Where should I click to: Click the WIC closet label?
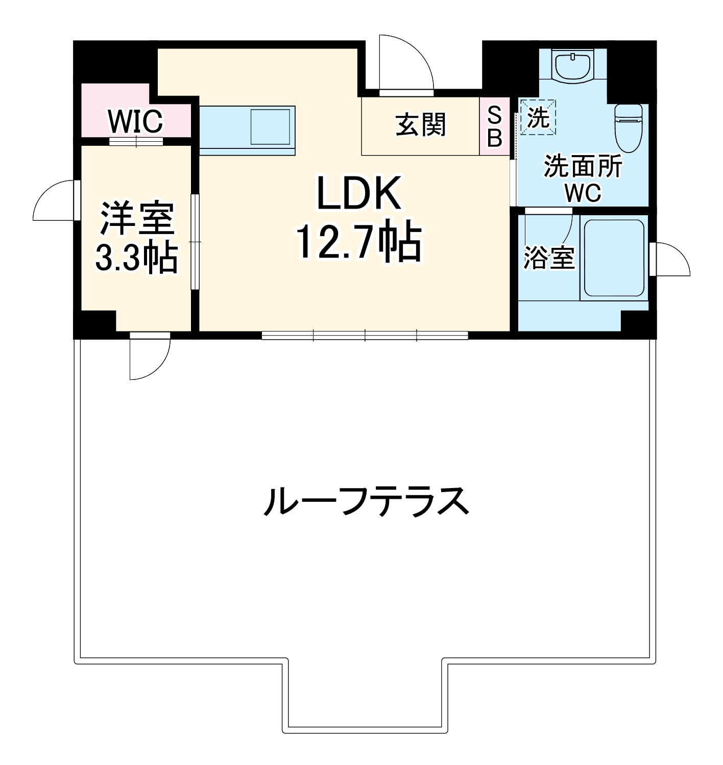coord(135,121)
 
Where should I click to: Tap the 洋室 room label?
coord(137,219)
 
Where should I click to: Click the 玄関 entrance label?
coord(421,125)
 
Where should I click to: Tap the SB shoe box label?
coord(494,126)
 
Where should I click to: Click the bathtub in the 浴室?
coord(613,258)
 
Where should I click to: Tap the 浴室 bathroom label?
coord(549,258)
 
